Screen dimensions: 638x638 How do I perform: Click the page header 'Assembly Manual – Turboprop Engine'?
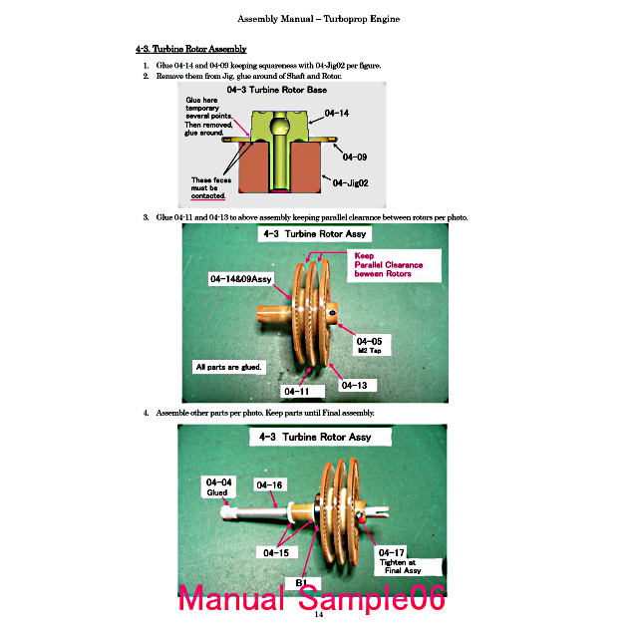[x=319, y=19]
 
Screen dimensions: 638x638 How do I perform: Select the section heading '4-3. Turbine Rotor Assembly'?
[x=191, y=49]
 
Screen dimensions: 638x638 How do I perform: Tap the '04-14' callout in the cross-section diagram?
[x=337, y=113]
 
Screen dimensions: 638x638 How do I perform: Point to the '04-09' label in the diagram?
[x=355, y=158]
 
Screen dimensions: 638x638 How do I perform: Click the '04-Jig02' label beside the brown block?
[x=350, y=183]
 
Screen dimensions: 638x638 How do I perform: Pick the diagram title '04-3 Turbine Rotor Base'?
[x=277, y=90]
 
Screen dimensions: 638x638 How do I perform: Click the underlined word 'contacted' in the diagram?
[x=208, y=196]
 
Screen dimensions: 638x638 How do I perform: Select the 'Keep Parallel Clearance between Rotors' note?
[x=389, y=265]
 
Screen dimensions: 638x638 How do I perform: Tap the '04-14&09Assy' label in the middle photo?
[x=241, y=279]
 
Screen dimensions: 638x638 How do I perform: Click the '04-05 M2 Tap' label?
[x=370, y=345]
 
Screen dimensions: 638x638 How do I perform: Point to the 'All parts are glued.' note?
[x=228, y=367]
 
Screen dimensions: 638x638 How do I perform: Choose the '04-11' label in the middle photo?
[x=297, y=392]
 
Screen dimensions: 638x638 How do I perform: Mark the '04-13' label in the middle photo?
[x=355, y=386]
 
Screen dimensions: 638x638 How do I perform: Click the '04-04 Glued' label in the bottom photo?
[x=218, y=487]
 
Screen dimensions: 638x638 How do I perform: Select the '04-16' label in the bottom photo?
[x=269, y=485]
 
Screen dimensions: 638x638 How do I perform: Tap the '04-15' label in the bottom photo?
[x=276, y=553]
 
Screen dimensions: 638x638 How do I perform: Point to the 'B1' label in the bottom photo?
[x=301, y=582]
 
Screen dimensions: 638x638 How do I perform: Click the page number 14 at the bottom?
[x=319, y=614]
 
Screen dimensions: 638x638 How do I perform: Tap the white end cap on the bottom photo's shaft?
[x=227, y=511]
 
